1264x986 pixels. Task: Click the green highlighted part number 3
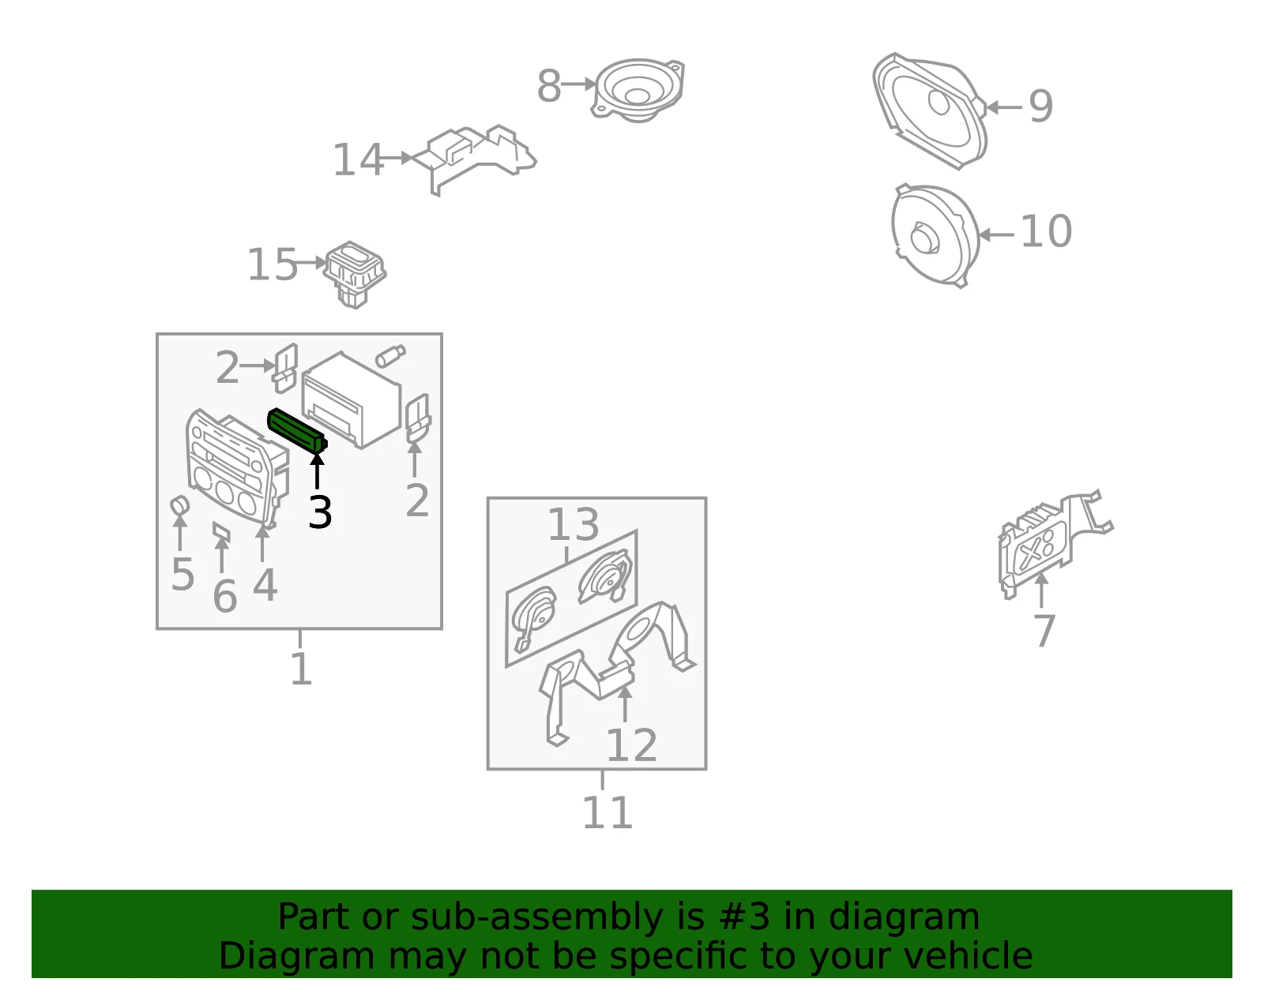(x=297, y=430)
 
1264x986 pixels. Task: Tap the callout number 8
(x=548, y=86)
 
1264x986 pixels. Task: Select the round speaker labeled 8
(x=638, y=90)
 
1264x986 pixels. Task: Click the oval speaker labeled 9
(x=930, y=111)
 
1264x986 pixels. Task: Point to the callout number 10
(x=1046, y=231)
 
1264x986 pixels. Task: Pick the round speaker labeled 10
(x=935, y=235)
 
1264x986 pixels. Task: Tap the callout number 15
(x=273, y=264)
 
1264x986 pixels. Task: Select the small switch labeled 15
(x=355, y=274)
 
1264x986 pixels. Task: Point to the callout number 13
(x=573, y=524)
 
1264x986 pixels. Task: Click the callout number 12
(x=632, y=745)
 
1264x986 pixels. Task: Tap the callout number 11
(x=607, y=812)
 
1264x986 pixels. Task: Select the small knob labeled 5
(x=180, y=505)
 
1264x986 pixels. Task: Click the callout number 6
(x=225, y=597)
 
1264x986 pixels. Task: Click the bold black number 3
(x=320, y=512)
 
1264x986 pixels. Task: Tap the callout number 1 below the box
(x=301, y=669)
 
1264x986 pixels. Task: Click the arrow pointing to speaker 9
(x=1004, y=107)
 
